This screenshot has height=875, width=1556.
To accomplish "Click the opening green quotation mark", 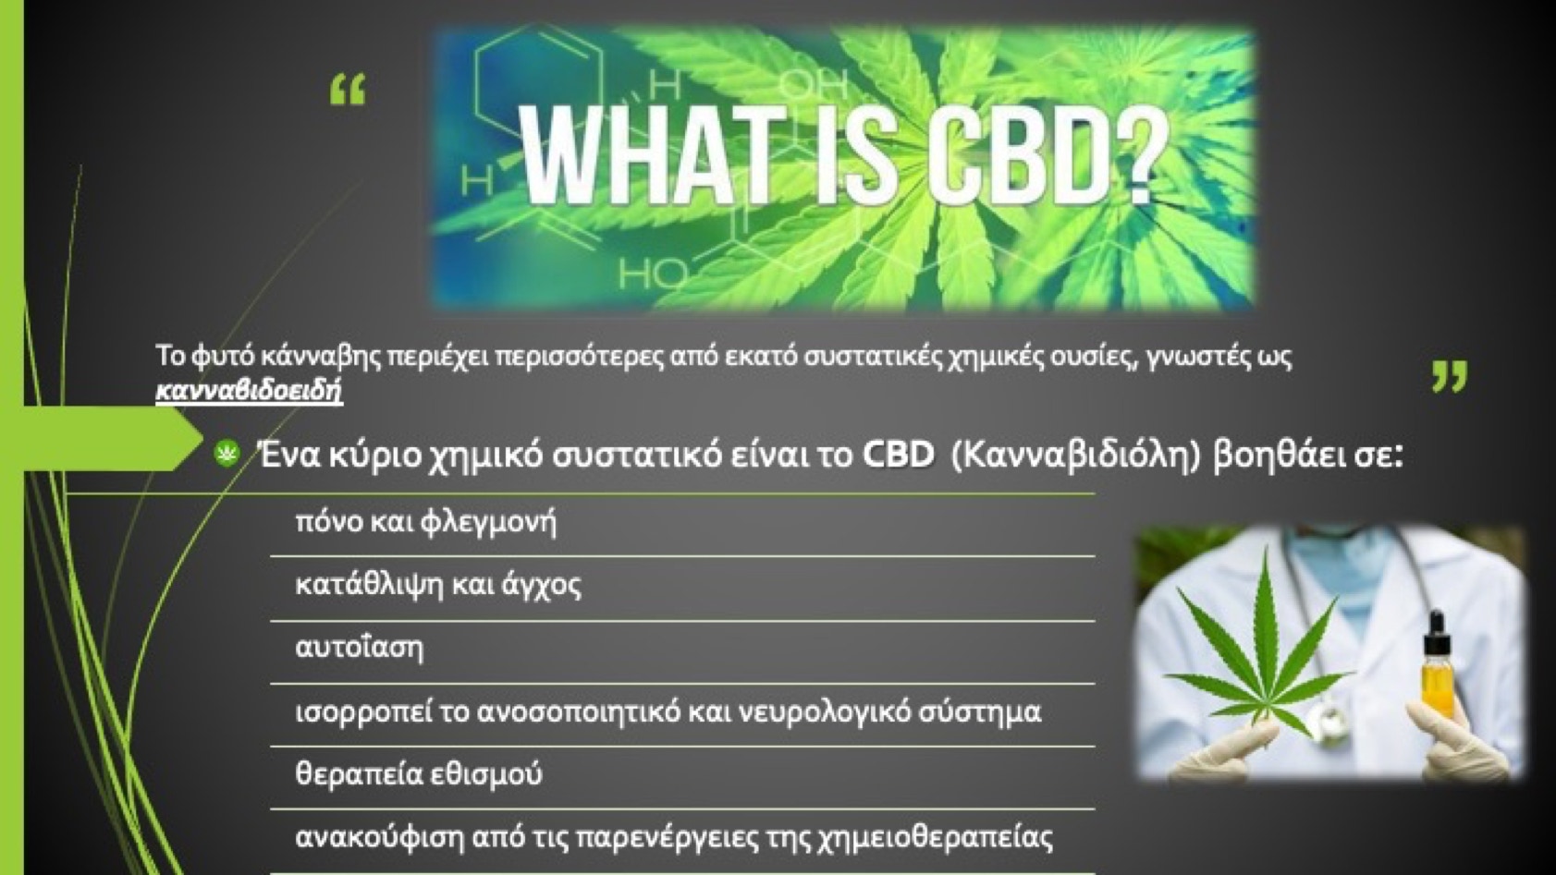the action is pos(348,91).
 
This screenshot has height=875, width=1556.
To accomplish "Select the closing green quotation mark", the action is pos(1450,376).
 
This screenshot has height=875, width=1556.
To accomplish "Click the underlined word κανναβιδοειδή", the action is pos(250,390).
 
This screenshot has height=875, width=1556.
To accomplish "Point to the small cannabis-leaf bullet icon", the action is pos(227,455).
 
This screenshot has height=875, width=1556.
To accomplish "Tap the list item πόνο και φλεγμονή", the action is pos(426,522).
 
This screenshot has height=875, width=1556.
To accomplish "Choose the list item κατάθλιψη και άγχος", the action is pos(438,586).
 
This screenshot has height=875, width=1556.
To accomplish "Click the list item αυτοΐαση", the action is pos(359,647).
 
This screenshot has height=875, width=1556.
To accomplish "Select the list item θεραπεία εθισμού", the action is pos(418,773).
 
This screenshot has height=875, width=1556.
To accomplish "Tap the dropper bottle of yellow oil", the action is pos(1437,667).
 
